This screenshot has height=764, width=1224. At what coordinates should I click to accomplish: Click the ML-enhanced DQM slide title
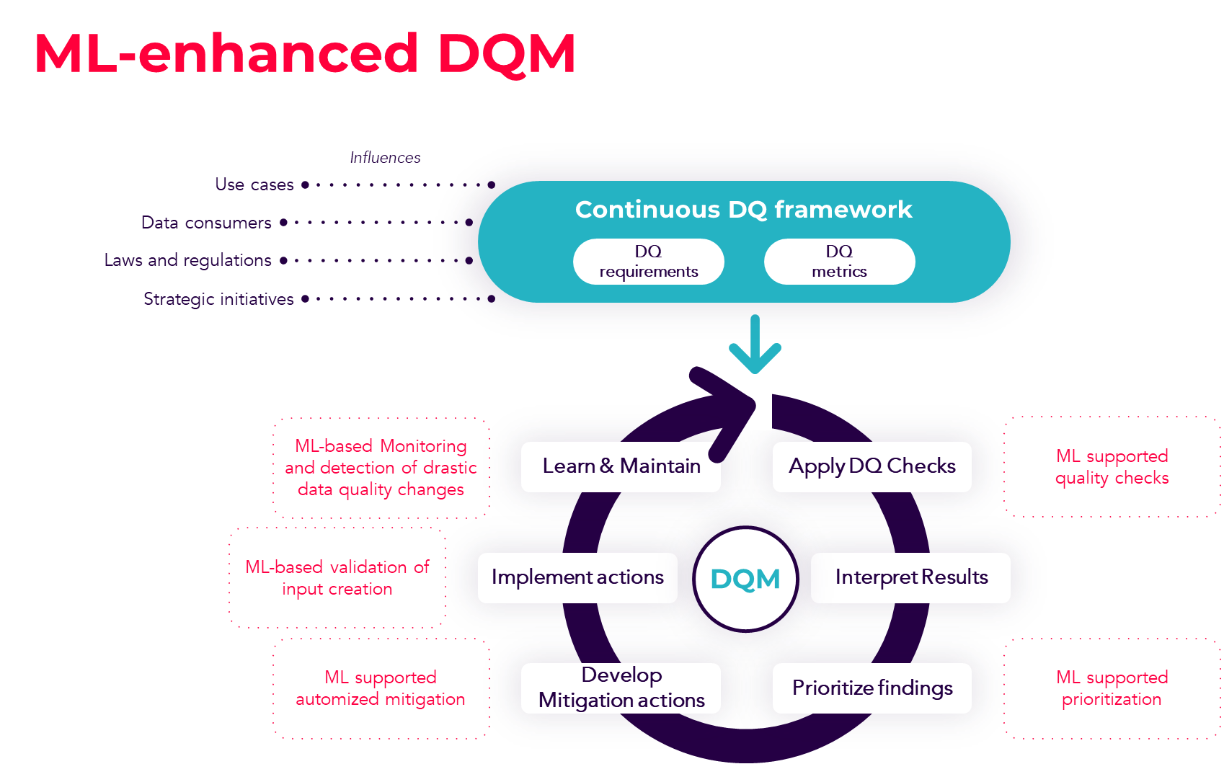coord(304,53)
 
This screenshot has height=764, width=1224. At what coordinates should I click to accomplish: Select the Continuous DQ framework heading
coord(743,210)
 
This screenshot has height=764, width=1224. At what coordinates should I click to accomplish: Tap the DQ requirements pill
coord(648,262)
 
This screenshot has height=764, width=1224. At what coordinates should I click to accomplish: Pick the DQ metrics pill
coord(839,262)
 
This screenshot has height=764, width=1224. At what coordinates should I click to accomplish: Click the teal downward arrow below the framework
coord(755,344)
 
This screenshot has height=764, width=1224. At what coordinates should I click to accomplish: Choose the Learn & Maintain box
coord(621,466)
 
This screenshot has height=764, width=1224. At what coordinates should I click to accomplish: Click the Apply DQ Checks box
coord(872,466)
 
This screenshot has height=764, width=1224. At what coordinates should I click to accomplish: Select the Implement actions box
coord(577,577)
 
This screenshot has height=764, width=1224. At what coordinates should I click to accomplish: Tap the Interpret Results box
coord(910,577)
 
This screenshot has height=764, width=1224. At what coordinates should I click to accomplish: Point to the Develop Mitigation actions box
coord(621,688)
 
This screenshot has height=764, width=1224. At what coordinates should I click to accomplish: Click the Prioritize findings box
coord(872,688)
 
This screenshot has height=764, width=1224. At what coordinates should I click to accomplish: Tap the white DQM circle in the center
coord(745,579)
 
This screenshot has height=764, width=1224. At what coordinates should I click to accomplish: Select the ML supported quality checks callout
coord(1111,467)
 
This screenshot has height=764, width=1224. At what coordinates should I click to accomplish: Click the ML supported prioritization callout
coord(1111,688)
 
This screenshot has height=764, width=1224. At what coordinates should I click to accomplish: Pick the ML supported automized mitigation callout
coord(380,688)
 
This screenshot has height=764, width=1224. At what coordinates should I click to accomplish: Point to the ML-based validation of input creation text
coord(337,578)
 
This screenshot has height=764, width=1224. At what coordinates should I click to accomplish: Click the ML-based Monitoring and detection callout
coord(380,468)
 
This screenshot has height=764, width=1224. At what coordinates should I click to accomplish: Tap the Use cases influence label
coord(254,185)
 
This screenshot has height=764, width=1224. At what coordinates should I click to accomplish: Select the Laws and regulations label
coord(187,260)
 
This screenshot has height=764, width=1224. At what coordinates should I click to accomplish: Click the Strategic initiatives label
coord(218,299)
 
